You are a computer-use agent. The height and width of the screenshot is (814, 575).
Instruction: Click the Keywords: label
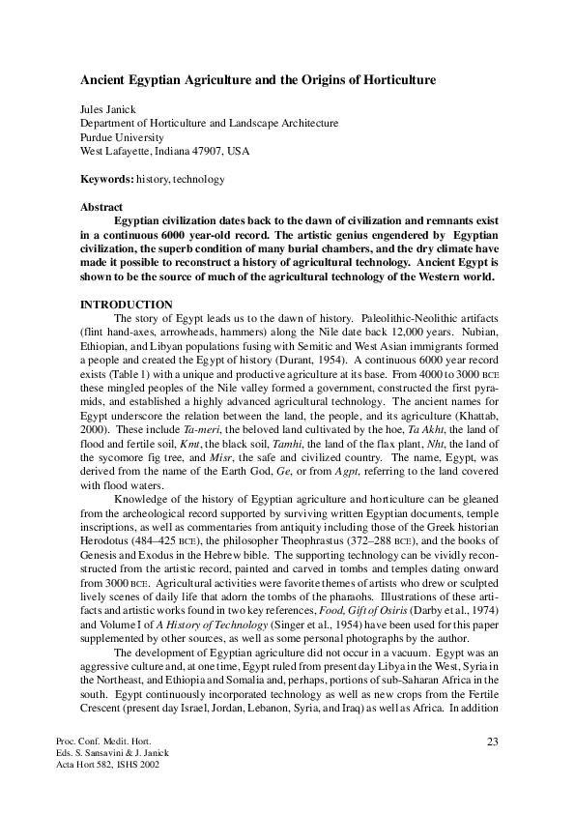click(106, 179)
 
